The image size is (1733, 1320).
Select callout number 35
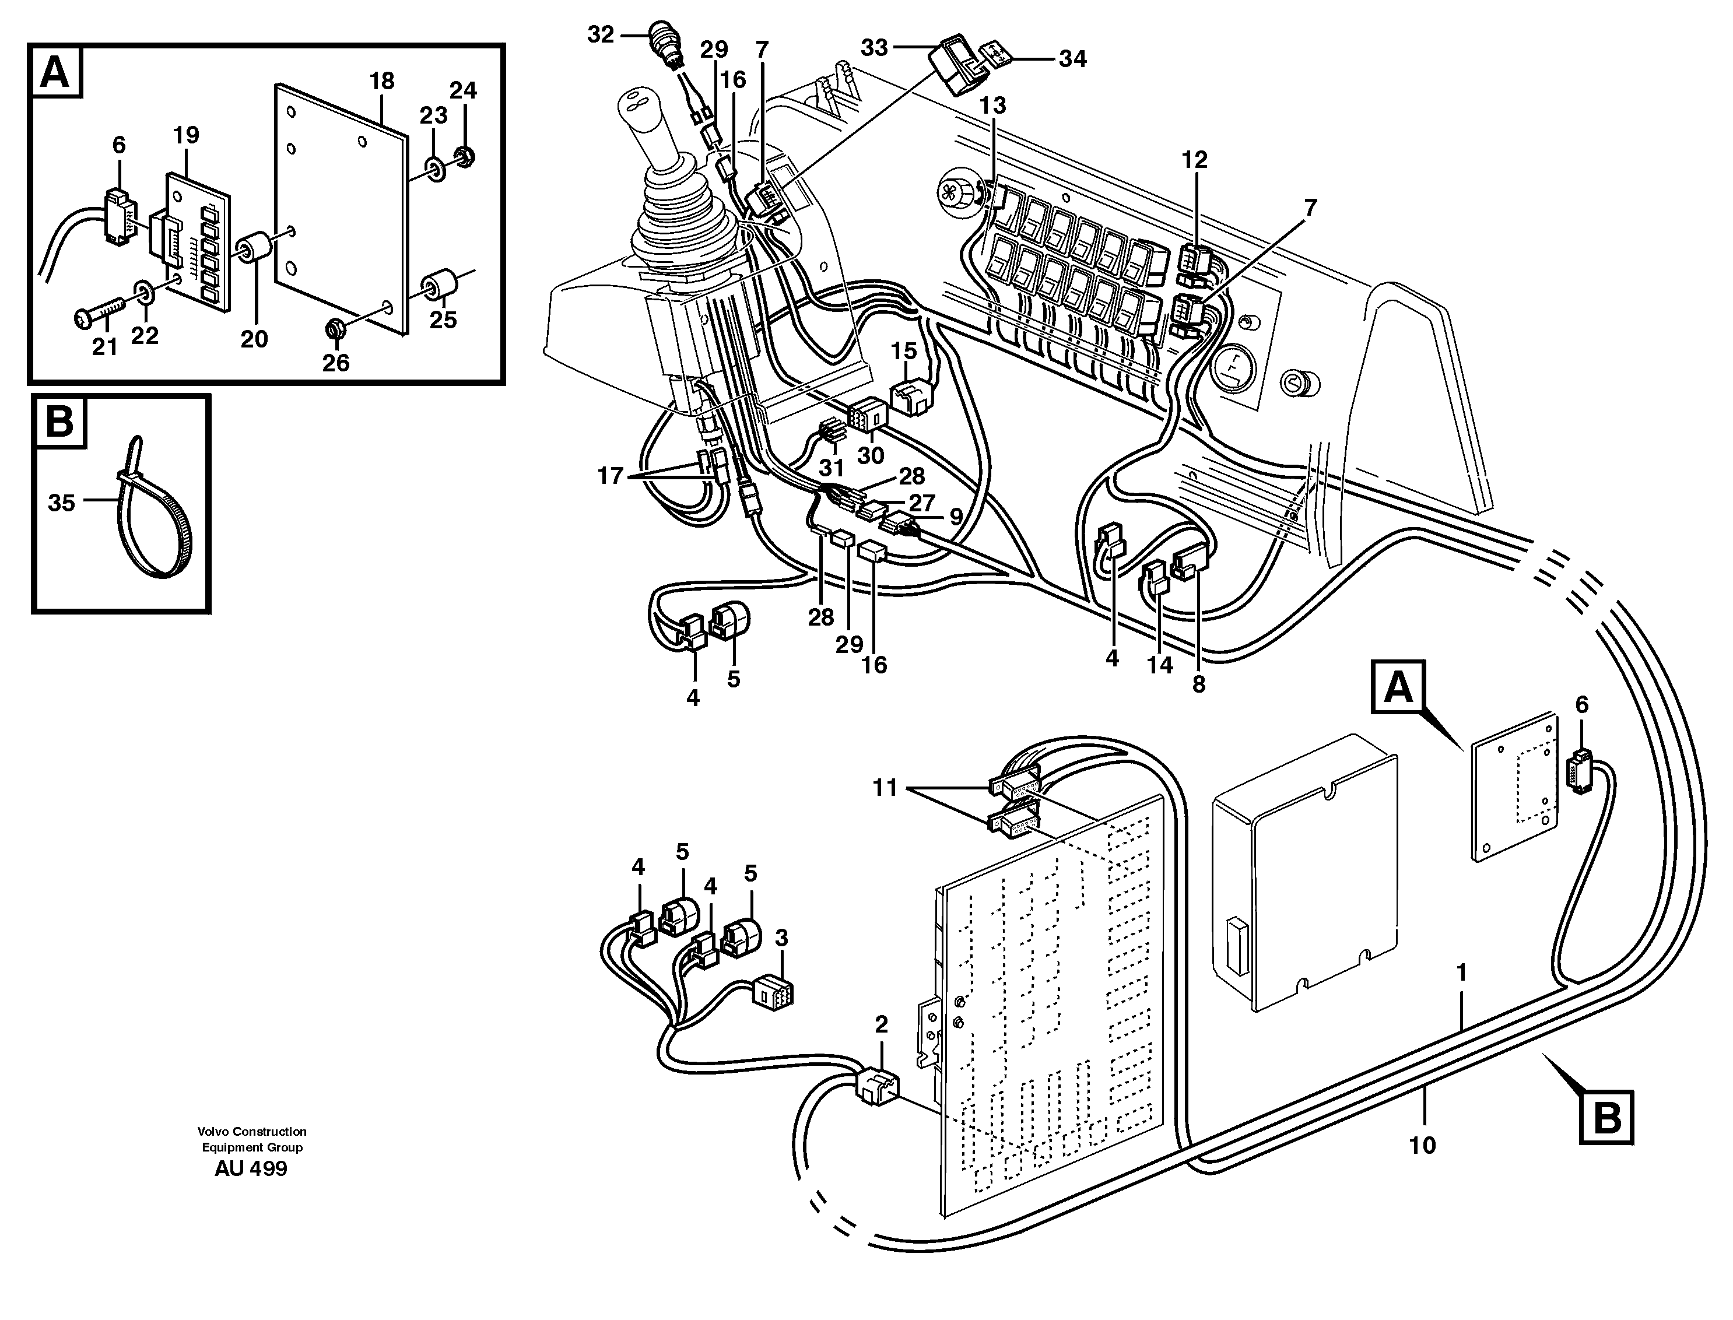pyautogui.click(x=61, y=503)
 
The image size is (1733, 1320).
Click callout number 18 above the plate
pyautogui.click(x=382, y=81)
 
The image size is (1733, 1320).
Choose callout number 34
pyautogui.click(x=1072, y=59)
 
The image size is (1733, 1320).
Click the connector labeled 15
pyautogui.click(x=910, y=398)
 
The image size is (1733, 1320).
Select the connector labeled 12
pyautogui.click(x=1193, y=260)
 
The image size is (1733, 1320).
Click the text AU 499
pyautogui.click(x=251, y=1168)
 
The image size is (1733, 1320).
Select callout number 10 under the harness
pyautogui.click(x=1422, y=1146)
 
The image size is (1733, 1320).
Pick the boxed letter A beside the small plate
pyautogui.click(x=1398, y=687)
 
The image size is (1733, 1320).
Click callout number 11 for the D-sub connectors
pyautogui.click(x=885, y=788)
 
